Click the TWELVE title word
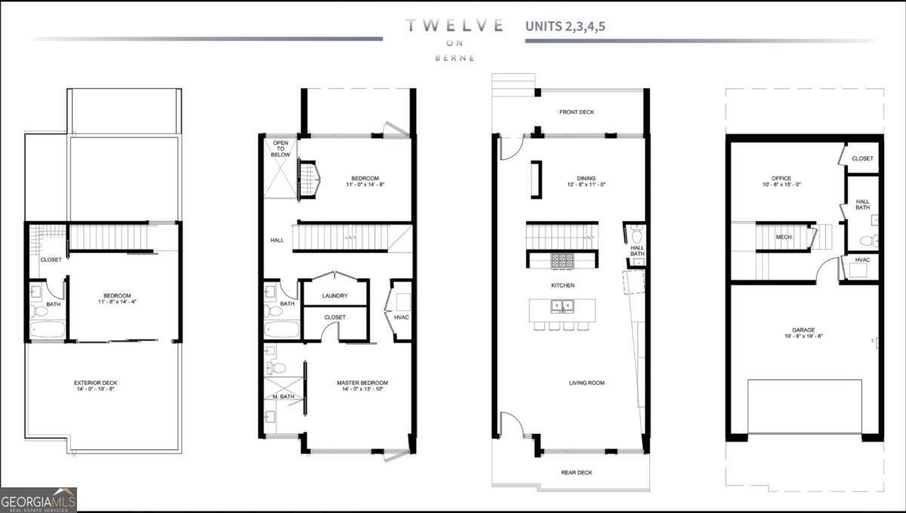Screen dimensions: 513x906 (x=455, y=25)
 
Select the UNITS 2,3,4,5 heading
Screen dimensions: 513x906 (x=565, y=26)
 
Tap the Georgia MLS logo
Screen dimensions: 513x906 (x=38, y=499)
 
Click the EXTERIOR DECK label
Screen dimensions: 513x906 (x=96, y=382)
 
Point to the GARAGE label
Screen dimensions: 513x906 (x=804, y=330)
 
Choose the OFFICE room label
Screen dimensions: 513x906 (x=775, y=178)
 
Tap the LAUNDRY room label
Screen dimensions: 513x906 (x=334, y=296)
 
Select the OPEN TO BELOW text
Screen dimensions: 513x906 (x=280, y=148)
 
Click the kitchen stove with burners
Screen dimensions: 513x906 (x=562, y=260)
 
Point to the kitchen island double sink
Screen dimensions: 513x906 (x=562, y=306)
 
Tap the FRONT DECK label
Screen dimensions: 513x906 (x=576, y=112)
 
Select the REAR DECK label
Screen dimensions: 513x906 (x=576, y=472)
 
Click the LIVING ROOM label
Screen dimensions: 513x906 (x=587, y=382)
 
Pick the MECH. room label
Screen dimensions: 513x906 (x=783, y=236)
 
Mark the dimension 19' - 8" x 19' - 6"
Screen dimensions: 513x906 (x=804, y=338)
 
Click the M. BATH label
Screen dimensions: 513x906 (x=284, y=397)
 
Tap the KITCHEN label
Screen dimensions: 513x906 (x=562, y=285)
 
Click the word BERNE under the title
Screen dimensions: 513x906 (x=455, y=58)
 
